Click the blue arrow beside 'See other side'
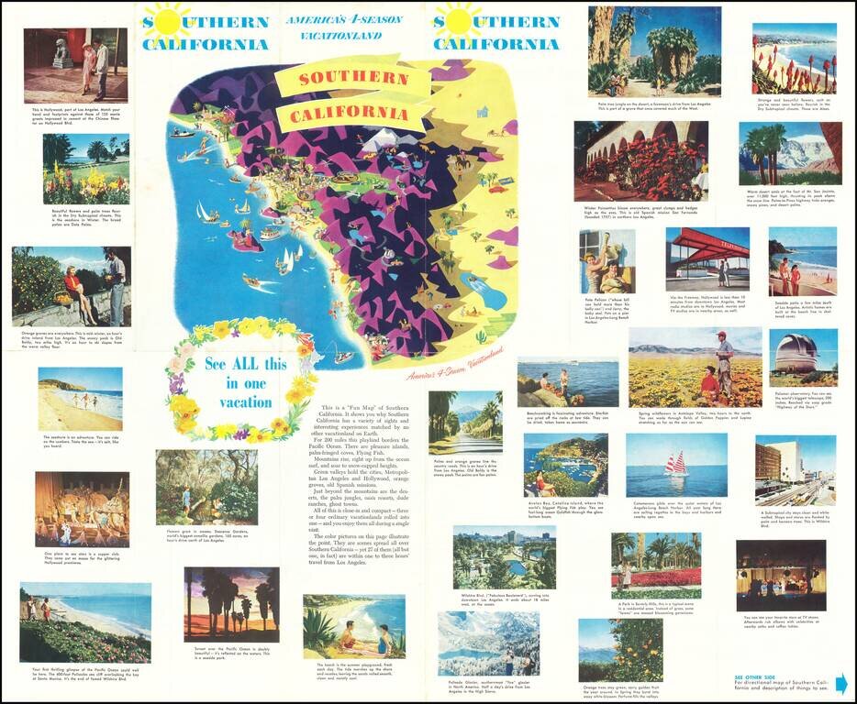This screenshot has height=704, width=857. click(x=840, y=683)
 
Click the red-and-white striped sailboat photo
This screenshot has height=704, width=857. click(x=676, y=464)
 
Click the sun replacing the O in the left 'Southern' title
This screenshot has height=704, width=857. click(x=167, y=20)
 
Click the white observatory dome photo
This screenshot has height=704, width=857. click(x=803, y=358)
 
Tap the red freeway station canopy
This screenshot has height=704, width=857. click(x=707, y=245)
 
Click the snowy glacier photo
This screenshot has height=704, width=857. click(x=489, y=643)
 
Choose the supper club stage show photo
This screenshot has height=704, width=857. click(x=82, y=509)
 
